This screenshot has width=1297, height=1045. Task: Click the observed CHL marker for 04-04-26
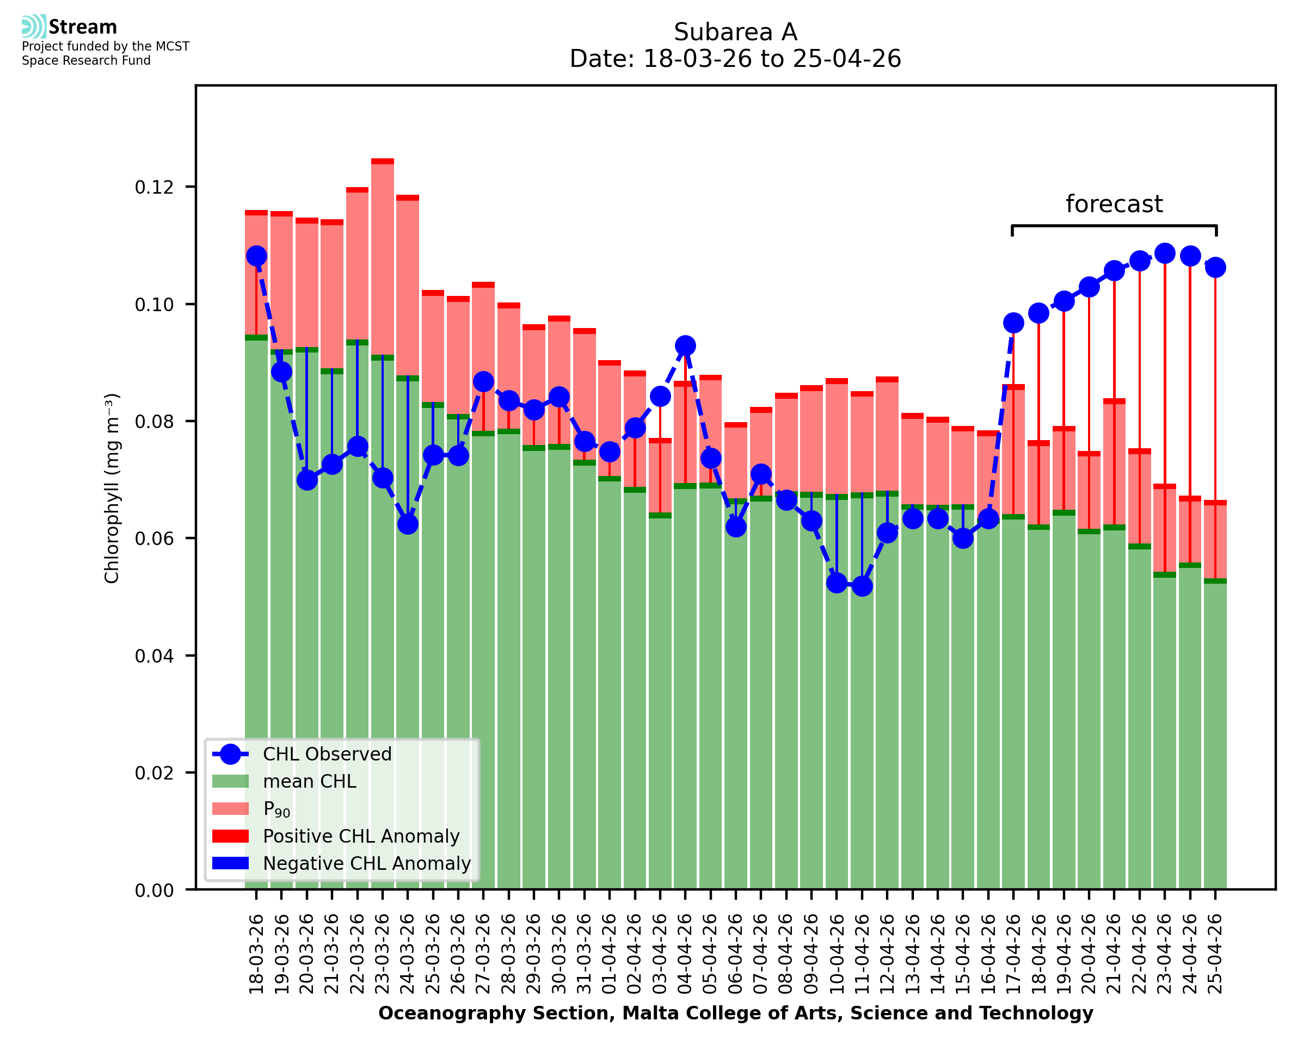click(x=685, y=345)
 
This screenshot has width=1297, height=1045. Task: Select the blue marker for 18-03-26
click(x=256, y=256)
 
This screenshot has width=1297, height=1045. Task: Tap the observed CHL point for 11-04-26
click(x=862, y=586)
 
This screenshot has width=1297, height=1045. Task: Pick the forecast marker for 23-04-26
click(x=1165, y=253)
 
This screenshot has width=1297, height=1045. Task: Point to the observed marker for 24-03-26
click(x=408, y=524)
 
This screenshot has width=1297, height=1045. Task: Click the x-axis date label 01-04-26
click(x=610, y=954)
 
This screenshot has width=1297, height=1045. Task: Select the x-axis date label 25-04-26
click(x=1215, y=954)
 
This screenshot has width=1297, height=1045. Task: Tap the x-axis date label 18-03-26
click(x=256, y=954)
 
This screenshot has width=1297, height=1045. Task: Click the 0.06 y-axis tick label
click(x=155, y=538)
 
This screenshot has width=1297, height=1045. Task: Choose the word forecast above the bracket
click(x=1114, y=204)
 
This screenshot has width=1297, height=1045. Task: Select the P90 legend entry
click(x=276, y=809)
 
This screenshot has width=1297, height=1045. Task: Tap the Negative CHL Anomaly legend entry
click(x=366, y=863)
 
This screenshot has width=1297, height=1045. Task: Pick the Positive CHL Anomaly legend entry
click(x=361, y=836)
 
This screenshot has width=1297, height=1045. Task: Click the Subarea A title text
click(x=735, y=32)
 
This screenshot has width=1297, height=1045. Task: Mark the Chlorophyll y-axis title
click(x=112, y=488)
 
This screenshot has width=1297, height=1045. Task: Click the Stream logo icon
click(x=34, y=27)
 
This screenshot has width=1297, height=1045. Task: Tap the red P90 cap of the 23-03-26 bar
click(x=383, y=162)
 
